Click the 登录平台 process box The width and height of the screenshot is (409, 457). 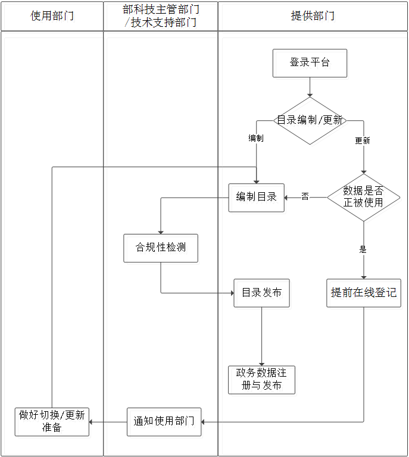pyautogui.click(x=310, y=63)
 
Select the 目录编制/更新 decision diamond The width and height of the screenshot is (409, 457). pyautogui.click(x=310, y=121)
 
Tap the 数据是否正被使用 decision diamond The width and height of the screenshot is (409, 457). pyautogui.click(x=363, y=198)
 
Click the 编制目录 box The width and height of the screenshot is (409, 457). pyautogui.click(x=257, y=198)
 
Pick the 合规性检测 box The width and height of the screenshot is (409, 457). pyautogui.click(x=161, y=248)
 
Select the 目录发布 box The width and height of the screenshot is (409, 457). pyautogui.click(x=261, y=293)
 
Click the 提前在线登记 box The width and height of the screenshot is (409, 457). pyautogui.click(x=363, y=293)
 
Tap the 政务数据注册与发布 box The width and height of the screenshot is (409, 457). pyautogui.click(x=261, y=380)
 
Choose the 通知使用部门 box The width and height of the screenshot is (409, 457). pyautogui.click(x=164, y=422)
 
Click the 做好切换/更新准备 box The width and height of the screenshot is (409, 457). pyautogui.click(x=52, y=422)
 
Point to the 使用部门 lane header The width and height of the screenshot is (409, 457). pyautogui.click(x=52, y=16)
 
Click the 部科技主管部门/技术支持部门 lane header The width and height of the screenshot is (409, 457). pyautogui.click(x=161, y=16)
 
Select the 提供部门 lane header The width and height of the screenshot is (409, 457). pyautogui.click(x=313, y=16)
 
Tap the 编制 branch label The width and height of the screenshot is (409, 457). pyautogui.click(x=256, y=138)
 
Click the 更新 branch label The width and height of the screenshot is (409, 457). pyautogui.click(x=363, y=141)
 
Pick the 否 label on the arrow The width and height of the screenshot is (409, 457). pyautogui.click(x=305, y=196)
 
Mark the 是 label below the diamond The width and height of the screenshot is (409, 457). pyautogui.click(x=363, y=249)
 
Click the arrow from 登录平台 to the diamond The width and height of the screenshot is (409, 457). pyautogui.click(x=310, y=87)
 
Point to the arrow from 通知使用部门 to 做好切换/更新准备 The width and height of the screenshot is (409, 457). pyautogui.click(x=108, y=422)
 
